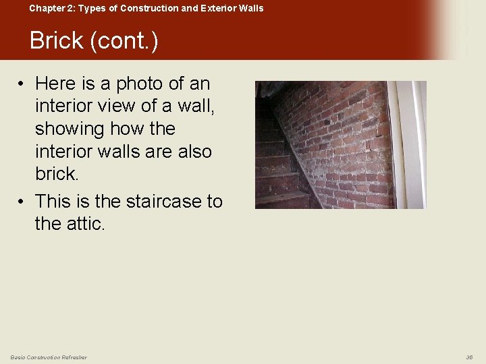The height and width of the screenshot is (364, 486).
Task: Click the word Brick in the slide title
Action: point(57,41)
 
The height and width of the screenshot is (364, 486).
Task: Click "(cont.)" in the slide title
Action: point(124,41)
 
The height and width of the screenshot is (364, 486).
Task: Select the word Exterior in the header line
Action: point(211,8)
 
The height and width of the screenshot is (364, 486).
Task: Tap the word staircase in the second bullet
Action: point(148,201)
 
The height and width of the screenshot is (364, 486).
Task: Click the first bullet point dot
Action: point(22,84)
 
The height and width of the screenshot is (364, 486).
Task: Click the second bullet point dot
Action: point(22,201)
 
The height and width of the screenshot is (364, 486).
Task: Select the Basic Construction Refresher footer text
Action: point(49,357)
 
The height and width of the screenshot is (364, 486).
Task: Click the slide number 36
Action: point(469,357)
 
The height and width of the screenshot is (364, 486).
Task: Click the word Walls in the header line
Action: point(250,8)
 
